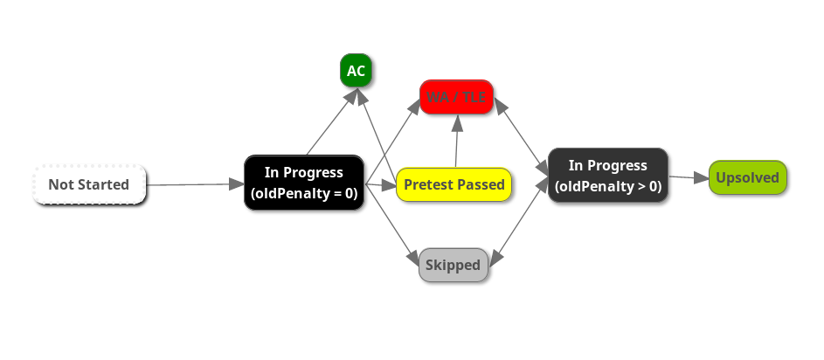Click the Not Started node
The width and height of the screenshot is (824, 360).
[x=89, y=184]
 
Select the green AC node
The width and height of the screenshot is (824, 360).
[x=356, y=71]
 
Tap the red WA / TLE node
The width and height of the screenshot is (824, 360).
[x=456, y=97]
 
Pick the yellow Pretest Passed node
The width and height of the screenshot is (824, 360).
[x=454, y=184]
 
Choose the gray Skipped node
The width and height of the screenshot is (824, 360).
[x=453, y=265]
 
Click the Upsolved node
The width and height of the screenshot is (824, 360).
[x=747, y=177]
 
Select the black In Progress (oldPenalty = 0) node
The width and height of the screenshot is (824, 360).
[x=304, y=183]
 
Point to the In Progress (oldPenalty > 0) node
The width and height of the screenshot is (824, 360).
[x=608, y=176]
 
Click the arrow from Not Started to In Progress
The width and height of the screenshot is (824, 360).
[x=194, y=184]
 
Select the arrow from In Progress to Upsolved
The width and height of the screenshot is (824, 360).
[x=689, y=177]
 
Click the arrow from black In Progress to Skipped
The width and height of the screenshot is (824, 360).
[x=391, y=222]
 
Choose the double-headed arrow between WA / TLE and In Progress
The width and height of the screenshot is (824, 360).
[x=522, y=134]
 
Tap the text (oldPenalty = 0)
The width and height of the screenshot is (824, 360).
[x=304, y=193]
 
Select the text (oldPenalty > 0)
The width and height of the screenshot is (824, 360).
[x=608, y=186]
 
